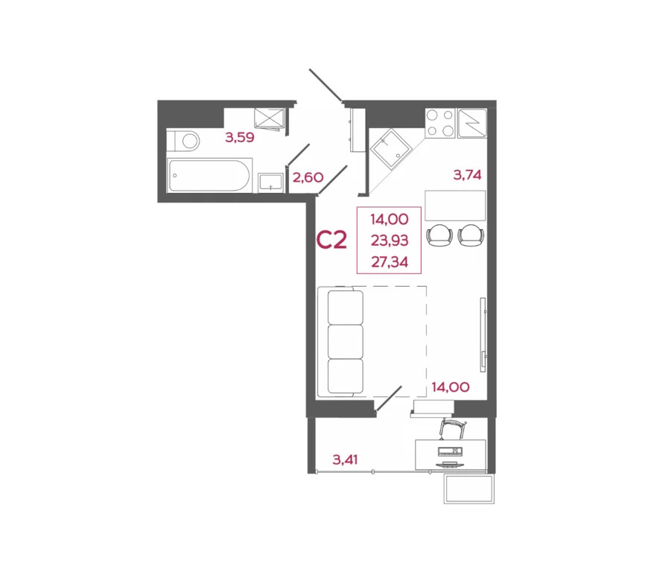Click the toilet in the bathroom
[x=185, y=139]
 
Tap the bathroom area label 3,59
[x=240, y=136]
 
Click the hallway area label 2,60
[x=307, y=177]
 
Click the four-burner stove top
[x=440, y=122]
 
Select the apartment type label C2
[x=332, y=240]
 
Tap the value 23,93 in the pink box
[x=389, y=240]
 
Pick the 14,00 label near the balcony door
[x=451, y=387]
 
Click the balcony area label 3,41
[x=345, y=459]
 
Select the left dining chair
[x=439, y=235]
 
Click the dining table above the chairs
[x=455, y=205]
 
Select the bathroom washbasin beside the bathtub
[x=270, y=182]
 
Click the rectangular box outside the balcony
[x=469, y=489]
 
